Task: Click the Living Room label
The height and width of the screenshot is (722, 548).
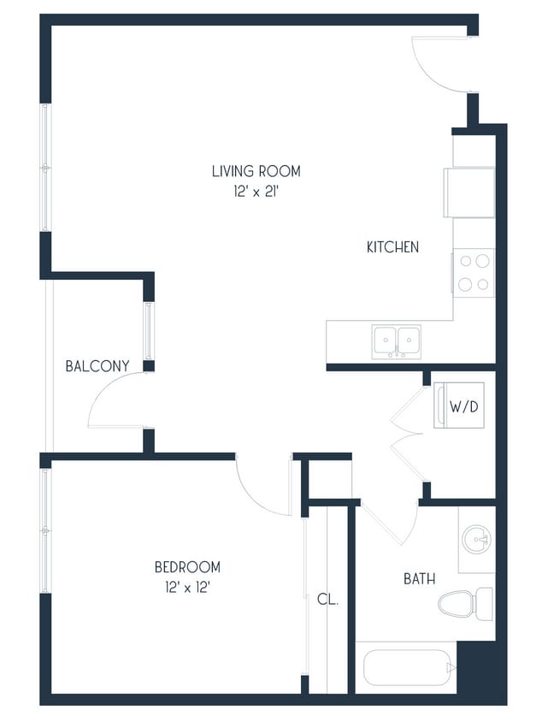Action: click(256, 171)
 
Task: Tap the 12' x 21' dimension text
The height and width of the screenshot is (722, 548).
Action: click(256, 192)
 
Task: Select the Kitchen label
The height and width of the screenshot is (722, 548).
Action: click(392, 247)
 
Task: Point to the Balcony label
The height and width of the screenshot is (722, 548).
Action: click(97, 366)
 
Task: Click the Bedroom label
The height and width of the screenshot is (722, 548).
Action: click(187, 566)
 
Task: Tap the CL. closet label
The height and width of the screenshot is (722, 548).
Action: click(328, 600)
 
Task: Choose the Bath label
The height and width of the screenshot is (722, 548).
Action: click(419, 579)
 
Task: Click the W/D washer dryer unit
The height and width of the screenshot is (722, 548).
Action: click(464, 406)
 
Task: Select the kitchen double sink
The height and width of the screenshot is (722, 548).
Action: click(396, 340)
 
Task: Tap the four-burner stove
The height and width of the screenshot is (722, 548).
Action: click(474, 271)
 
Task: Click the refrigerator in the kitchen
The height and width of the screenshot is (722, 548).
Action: click(469, 192)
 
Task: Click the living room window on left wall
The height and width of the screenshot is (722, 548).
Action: click(44, 167)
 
